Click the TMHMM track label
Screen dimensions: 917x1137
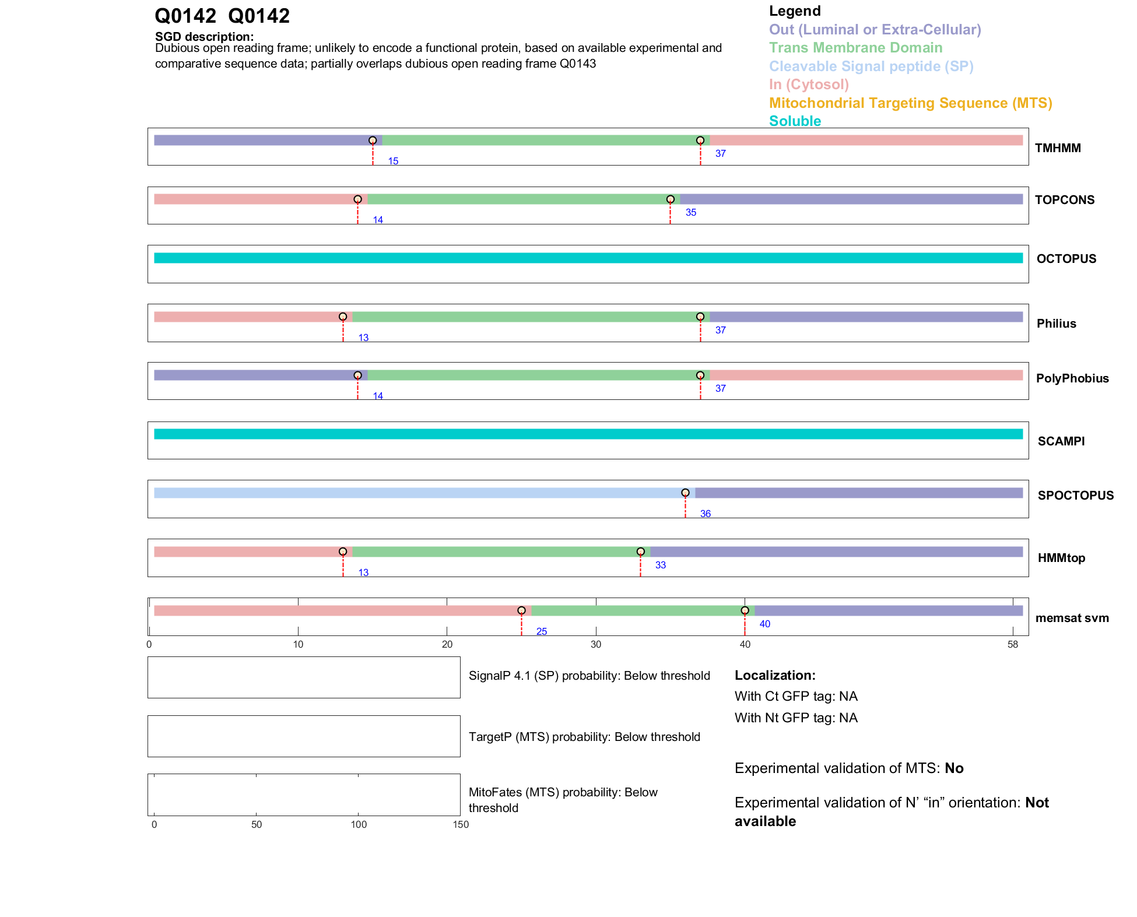[1057, 148]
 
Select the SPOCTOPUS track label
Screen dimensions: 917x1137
[1075, 496]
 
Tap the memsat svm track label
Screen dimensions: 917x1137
[1072, 618]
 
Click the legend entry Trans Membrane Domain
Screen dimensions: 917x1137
[855, 48]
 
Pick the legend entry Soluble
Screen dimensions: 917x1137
[795, 121]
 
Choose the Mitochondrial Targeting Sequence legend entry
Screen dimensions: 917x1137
[910, 103]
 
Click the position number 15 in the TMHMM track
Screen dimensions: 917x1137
[393, 161]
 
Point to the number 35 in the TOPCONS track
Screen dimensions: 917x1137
[690, 212]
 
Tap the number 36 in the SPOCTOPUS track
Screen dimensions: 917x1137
[705, 514]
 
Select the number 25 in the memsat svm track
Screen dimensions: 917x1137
[541, 631]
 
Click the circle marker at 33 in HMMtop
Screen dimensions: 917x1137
[640, 551]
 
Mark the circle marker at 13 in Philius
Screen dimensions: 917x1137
[343, 317]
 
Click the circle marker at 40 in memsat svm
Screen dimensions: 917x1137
[745, 610]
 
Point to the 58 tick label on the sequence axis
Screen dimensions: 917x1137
[1012, 644]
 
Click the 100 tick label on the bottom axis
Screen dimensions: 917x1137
[359, 824]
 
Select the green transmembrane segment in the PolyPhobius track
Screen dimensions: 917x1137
[534, 375]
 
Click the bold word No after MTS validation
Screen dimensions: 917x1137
[954, 768]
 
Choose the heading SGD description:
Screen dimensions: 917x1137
[204, 37]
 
